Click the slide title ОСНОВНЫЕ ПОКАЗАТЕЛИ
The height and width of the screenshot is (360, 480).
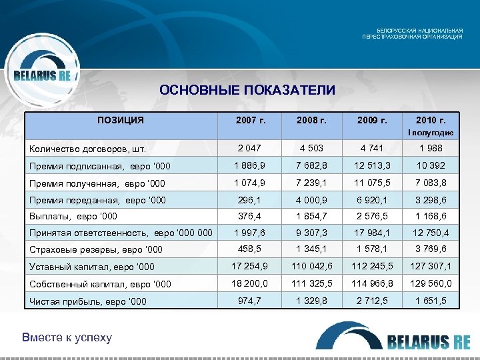(x=247, y=90)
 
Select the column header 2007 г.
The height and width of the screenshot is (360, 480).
(x=251, y=121)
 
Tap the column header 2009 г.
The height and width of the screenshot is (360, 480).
(x=372, y=121)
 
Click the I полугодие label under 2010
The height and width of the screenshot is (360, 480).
(x=430, y=133)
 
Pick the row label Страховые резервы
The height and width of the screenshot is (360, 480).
(x=93, y=251)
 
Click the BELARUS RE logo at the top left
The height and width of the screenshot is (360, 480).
(x=43, y=75)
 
